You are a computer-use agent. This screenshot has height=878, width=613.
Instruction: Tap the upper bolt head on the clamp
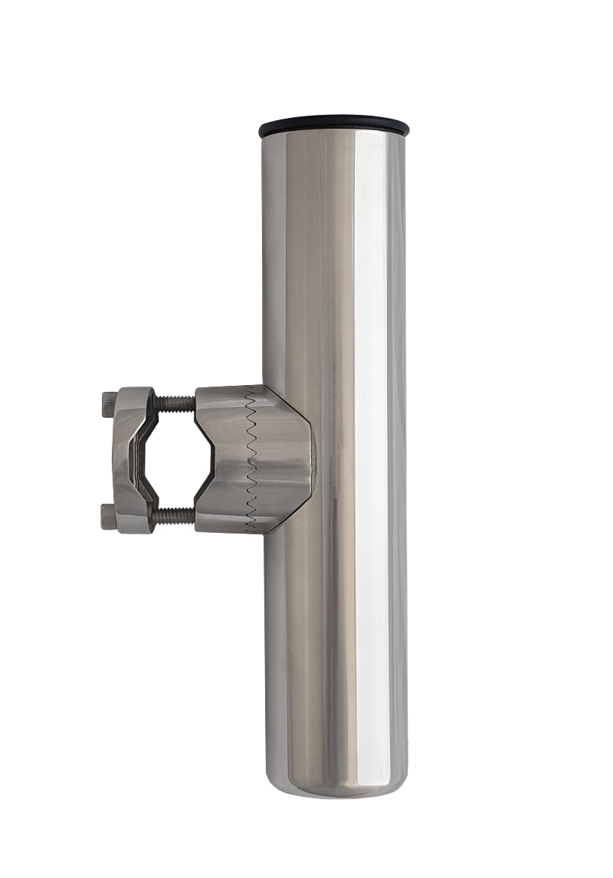(108, 404)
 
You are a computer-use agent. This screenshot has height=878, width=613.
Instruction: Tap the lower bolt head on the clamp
(108, 517)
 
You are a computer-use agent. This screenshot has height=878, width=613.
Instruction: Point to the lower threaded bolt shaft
(175, 517)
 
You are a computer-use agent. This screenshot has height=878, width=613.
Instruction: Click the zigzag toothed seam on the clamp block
(250, 459)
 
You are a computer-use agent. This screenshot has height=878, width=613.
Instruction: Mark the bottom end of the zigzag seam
(248, 529)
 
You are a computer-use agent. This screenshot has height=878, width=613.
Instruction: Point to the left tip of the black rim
(261, 129)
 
